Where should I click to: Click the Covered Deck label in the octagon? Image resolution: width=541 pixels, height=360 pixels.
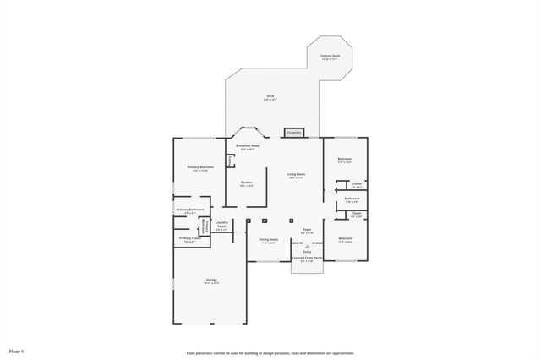[x=330, y=57]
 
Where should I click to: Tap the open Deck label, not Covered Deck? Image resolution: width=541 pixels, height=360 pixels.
[x=270, y=97]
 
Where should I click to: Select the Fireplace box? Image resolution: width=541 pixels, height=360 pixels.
[x=294, y=133]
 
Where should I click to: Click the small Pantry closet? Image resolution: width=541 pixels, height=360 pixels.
[x=230, y=160]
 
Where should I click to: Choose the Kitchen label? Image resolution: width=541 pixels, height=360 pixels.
[x=246, y=183]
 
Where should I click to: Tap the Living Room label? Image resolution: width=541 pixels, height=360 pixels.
[x=296, y=176]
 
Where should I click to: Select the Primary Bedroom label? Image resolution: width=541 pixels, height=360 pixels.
[x=199, y=169]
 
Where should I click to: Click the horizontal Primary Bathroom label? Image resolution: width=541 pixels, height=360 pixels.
[x=190, y=210]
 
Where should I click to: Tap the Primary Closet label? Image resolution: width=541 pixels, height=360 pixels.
[x=189, y=239]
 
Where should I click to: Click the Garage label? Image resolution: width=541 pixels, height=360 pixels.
[x=211, y=281]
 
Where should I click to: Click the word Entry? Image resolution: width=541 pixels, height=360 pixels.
[x=307, y=251]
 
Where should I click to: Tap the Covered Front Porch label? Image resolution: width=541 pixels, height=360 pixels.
[x=307, y=259]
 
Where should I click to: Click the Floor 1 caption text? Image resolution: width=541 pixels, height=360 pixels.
[x=17, y=351]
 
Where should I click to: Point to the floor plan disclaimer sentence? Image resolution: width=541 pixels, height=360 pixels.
[x=270, y=352]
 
